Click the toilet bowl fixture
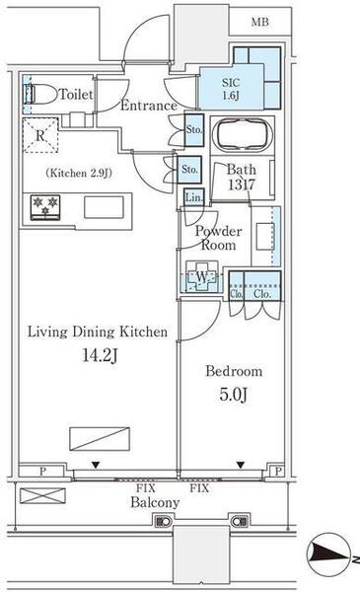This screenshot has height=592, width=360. (39, 94)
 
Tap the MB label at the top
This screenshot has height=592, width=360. (260, 23)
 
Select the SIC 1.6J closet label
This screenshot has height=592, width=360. (231, 89)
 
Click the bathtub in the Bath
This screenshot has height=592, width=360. (242, 135)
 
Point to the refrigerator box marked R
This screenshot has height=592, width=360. (40, 135)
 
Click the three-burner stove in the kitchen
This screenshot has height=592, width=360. (45, 207)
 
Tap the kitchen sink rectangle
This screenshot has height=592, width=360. (104, 207)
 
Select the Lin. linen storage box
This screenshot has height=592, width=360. (194, 196)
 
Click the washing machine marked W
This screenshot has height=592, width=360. (202, 276)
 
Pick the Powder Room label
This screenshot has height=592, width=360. (219, 238)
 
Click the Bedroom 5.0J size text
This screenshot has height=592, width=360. (234, 395)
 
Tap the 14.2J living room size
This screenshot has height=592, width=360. (100, 355)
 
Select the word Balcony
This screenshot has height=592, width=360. (155, 502)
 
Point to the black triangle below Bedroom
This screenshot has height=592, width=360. (241, 465)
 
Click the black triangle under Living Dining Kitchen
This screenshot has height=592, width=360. (96, 466)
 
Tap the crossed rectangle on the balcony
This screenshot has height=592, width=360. (42, 495)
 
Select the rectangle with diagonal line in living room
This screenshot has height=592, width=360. (100, 439)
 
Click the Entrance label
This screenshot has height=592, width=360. (149, 106)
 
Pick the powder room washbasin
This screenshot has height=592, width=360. (265, 237)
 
